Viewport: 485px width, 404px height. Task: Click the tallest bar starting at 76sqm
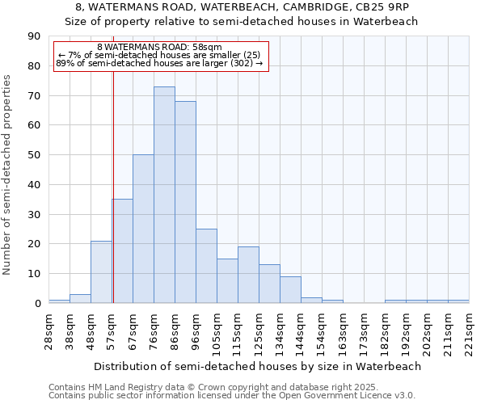coord(164,195)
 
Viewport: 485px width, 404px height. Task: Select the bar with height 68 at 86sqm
coord(185,202)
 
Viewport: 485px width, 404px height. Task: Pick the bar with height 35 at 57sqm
coord(123,251)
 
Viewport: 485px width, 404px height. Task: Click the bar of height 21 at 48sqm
coord(101,271)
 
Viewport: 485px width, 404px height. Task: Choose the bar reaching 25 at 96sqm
coord(206,266)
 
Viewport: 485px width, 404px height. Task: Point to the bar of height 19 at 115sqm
coord(248,275)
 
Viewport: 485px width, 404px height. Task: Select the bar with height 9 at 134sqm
coord(290,289)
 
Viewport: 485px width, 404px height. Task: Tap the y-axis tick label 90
coord(34,36)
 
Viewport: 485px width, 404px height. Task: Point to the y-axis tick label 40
coord(34,185)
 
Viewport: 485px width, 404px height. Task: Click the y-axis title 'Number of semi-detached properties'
coord(7,174)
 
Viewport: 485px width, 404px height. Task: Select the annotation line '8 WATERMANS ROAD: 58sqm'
coord(159,48)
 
